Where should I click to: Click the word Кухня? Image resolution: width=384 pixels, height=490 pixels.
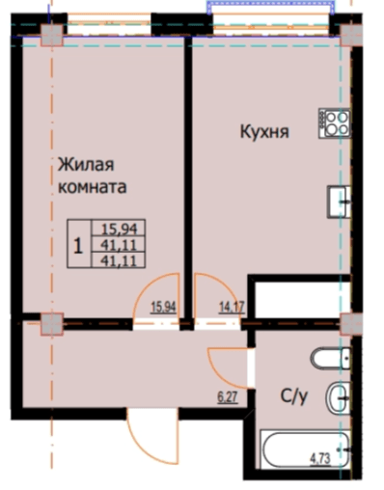(x=262, y=134)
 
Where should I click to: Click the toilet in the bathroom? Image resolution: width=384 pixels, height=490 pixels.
(x=330, y=359)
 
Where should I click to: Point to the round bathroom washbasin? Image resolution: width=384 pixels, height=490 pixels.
(x=337, y=395)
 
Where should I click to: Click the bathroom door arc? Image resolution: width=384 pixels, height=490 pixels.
(x=228, y=362)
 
